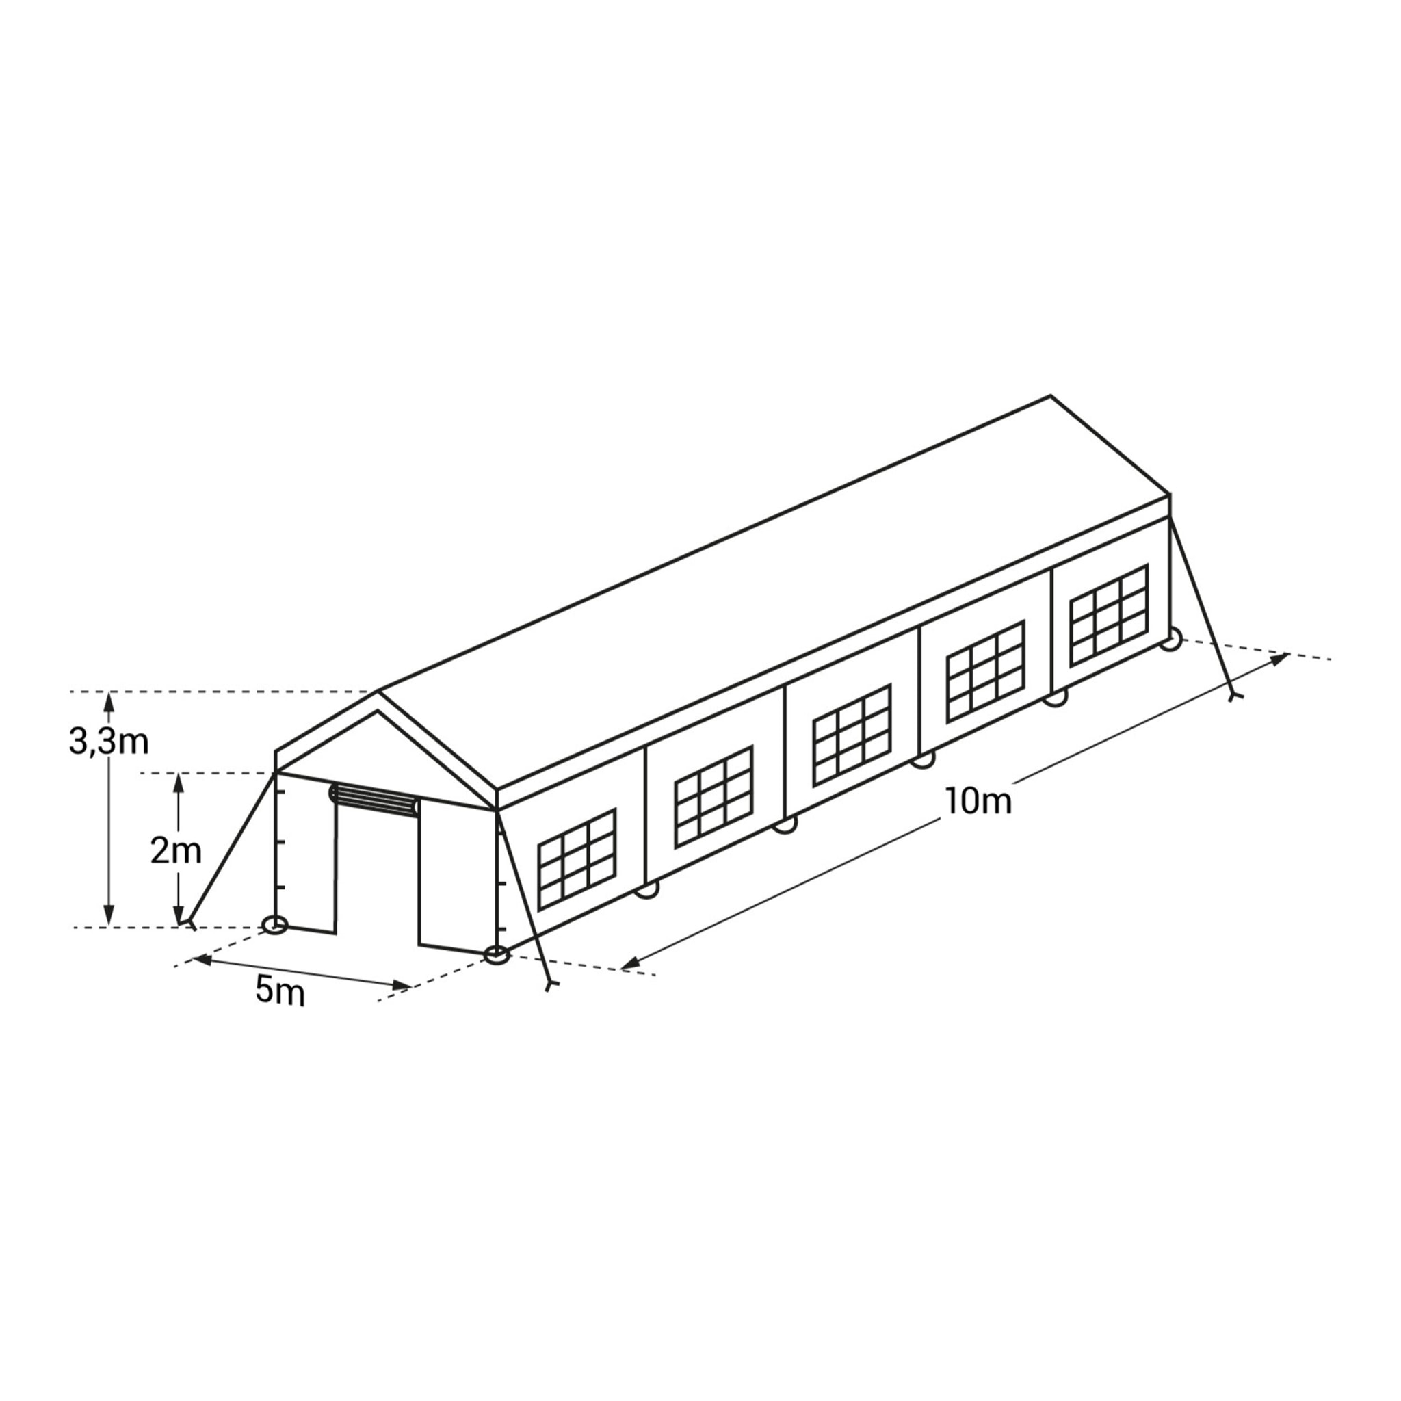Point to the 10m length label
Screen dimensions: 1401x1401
point(978,801)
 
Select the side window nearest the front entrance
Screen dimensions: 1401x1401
point(577,859)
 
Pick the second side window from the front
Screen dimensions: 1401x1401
point(713,796)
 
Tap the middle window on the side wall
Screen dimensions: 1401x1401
point(851,735)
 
